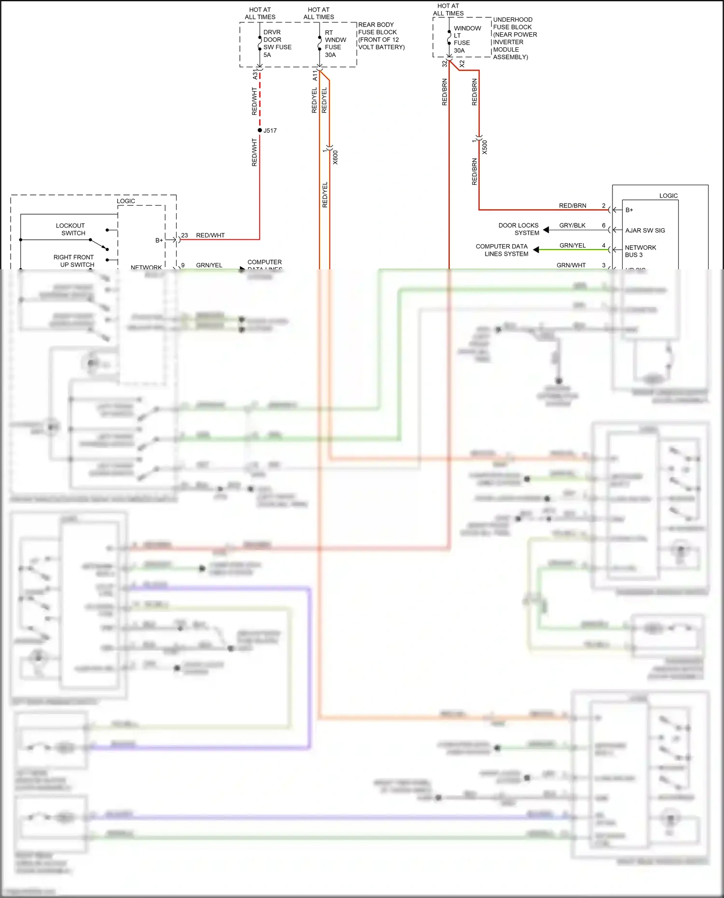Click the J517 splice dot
click(260, 130)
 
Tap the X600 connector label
click(335, 157)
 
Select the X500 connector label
click(485, 147)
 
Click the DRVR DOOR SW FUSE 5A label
click(277, 43)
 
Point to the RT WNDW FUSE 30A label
click(335, 43)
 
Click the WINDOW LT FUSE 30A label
click(466, 39)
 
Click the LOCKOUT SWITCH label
click(71, 229)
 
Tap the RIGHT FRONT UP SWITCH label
click(74, 261)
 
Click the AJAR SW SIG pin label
click(645, 230)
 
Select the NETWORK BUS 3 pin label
click(640, 251)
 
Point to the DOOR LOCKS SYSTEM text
click(519, 229)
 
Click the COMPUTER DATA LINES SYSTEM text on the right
click(502, 250)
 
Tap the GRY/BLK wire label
click(572, 225)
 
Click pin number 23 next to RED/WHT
click(184, 235)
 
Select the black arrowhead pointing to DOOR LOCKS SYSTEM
click(546, 230)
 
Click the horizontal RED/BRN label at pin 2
click(572, 206)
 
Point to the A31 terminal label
click(255, 75)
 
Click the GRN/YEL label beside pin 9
click(209, 265)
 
